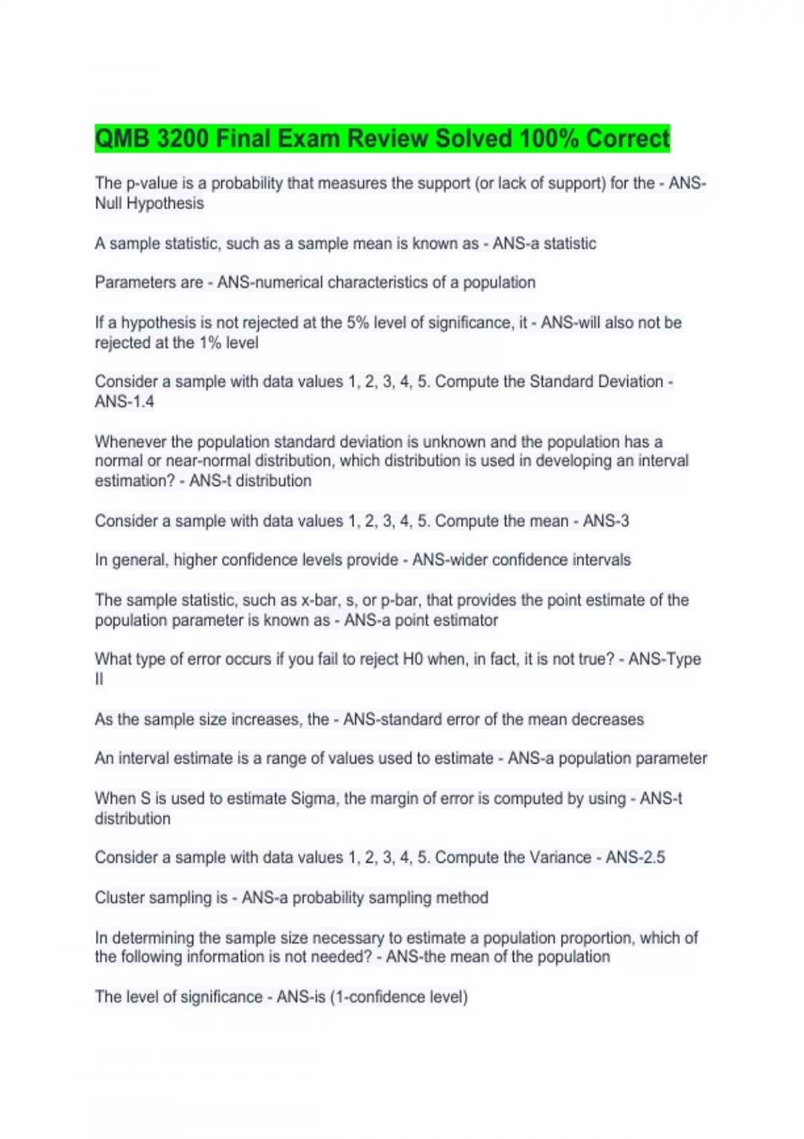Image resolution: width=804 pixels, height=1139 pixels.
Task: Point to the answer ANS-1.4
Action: pyautogui.click(x=125, y=402)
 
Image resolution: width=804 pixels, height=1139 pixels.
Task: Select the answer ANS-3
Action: pyautogui.click(x=606, y=521)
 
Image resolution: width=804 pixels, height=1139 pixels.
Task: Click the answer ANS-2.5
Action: pyautogui.click(x=635, y=858)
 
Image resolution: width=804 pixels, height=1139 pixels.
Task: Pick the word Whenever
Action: pyautogui.click(x=131, y=442)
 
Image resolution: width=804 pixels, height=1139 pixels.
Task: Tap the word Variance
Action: pyautogui.click(x=560, y=858)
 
